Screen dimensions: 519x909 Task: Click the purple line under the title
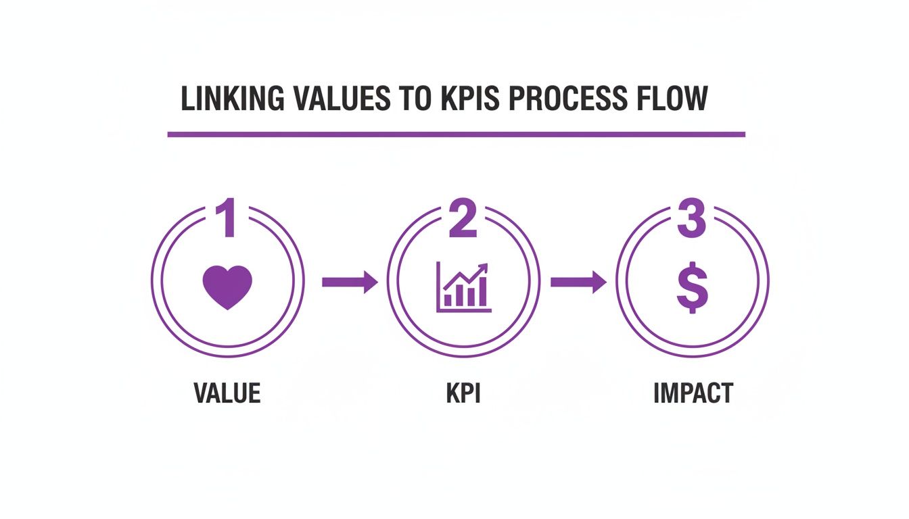point(456,134)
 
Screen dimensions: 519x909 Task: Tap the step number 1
point(227,218)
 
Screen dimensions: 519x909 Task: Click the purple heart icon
point(227,287)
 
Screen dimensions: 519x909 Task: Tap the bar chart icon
point(464,288)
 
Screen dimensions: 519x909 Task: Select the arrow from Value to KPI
point(349,281)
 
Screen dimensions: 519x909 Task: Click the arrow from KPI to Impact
point(578,281)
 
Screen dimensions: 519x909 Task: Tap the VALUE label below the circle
point(227,393)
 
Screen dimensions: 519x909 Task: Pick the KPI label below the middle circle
point(463,393)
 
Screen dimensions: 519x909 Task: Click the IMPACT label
point(693,393)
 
